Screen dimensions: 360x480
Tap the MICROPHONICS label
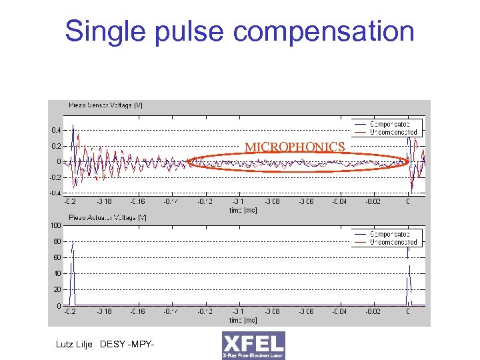click(294, 147)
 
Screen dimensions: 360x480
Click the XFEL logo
click(253, 345)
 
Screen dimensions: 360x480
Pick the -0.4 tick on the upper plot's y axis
click(55, 193)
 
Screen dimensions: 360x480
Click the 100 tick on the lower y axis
click(55, 225)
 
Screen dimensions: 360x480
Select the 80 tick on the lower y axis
click(57, 241)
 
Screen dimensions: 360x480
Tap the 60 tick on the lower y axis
click(57, 257)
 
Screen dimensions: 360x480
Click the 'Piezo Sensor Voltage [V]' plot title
click(105, 105)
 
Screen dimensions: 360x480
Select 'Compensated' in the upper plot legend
click(390, 124)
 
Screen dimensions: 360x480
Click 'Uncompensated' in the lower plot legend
click(393, 242)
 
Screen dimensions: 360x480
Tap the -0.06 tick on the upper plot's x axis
click(306, 201)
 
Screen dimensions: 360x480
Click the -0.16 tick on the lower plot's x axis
click(137, 312)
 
